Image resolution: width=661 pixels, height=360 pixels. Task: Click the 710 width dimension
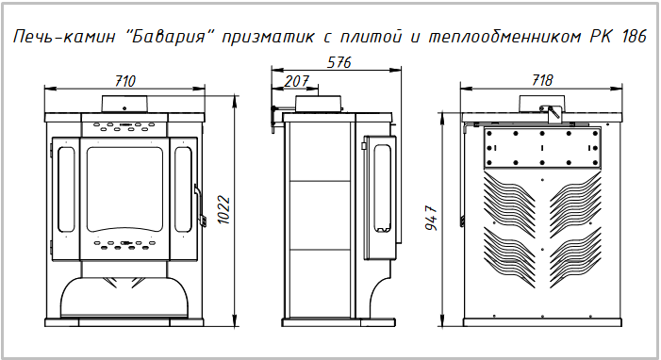click(x=125, y=80)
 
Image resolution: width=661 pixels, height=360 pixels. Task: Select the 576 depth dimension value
click(x=339, y=62)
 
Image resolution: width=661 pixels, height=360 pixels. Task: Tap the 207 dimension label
click(x=296, y=81)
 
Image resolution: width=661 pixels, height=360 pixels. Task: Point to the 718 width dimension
click(x=541, y=80)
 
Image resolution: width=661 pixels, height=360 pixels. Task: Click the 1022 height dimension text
click(x=224, y=209)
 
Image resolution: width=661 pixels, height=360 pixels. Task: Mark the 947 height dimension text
click(x=432, y=218)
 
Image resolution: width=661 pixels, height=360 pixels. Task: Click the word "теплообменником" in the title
click(x=505, y=37)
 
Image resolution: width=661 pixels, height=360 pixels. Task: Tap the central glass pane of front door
click(x=124, y=188)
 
